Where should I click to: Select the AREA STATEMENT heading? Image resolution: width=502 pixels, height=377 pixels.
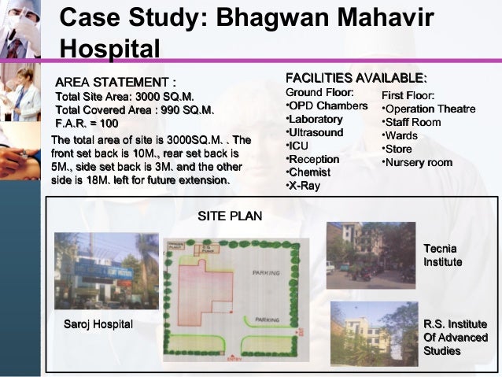tap(115, 83)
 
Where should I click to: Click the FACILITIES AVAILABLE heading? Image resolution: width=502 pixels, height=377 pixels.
tap(356, 78)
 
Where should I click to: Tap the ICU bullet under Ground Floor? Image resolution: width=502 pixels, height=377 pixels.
tap(298, 146)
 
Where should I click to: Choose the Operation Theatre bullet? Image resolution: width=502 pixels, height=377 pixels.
tap(428, 109)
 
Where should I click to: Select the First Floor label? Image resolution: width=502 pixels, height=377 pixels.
tap(408, 95)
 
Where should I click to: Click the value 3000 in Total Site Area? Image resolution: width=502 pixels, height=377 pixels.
tap(148, 96)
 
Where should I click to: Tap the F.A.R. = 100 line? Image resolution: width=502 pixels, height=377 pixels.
tap(87, 124)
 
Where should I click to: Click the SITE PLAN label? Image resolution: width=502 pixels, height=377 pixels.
tap(229, 216)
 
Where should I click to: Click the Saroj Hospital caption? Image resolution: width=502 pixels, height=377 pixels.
tap(98, 324)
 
